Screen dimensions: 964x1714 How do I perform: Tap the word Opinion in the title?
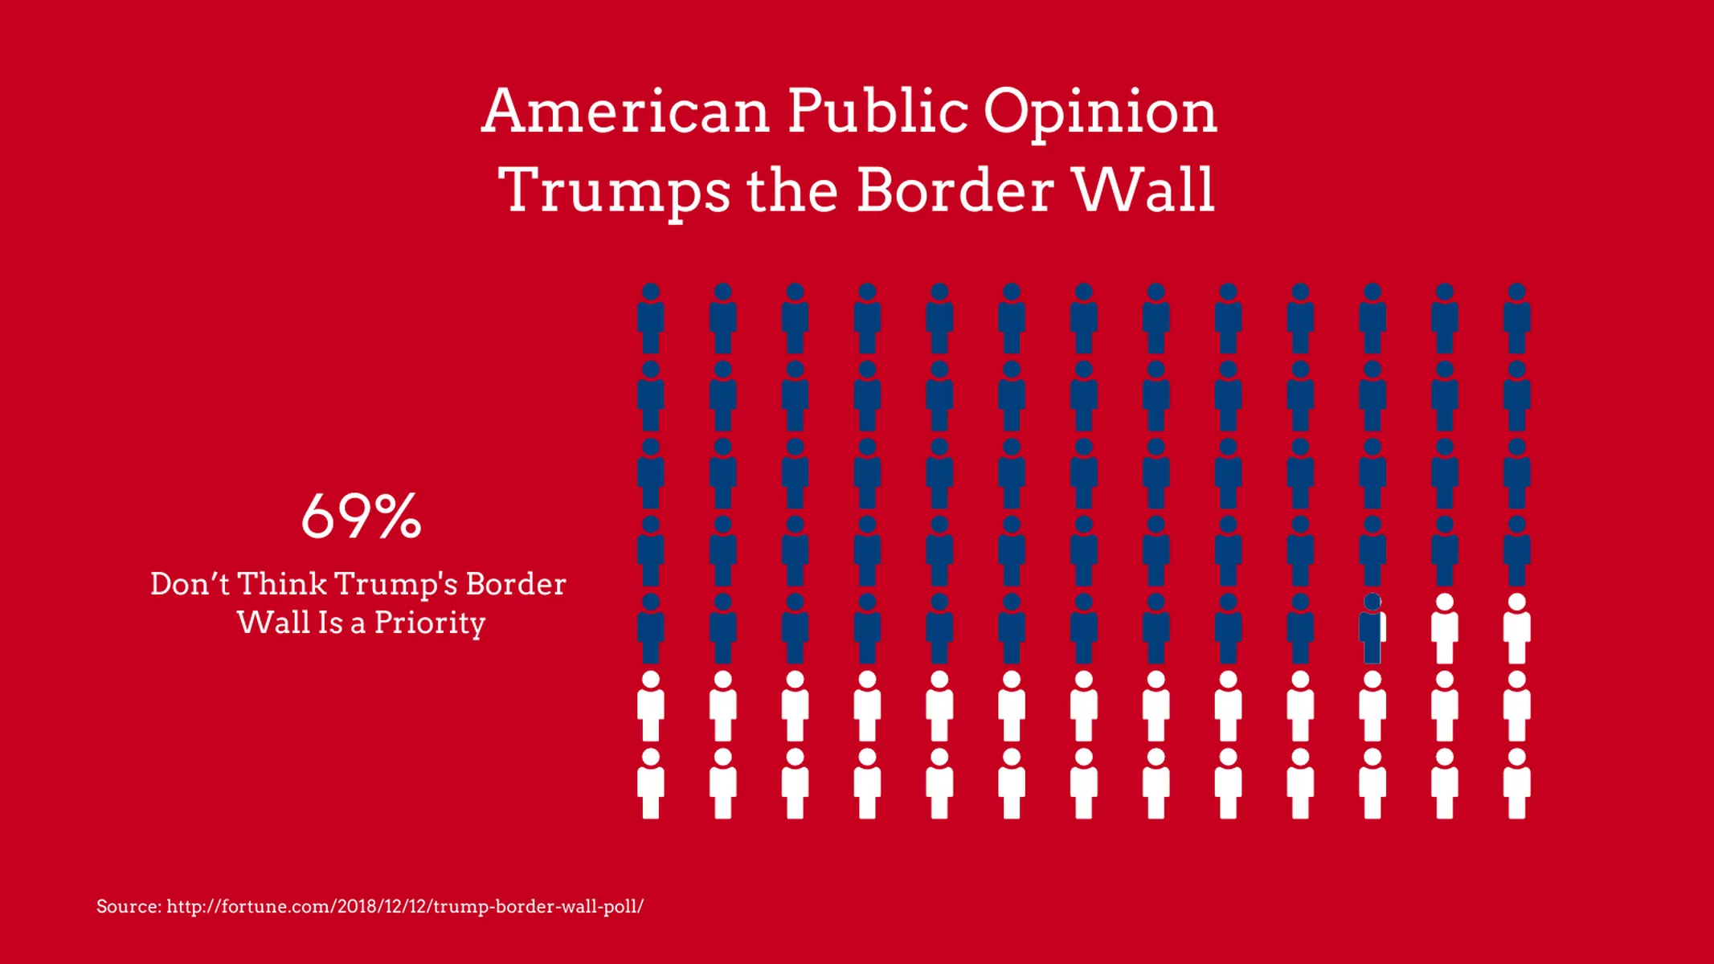1100,112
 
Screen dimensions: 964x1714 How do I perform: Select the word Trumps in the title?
615,191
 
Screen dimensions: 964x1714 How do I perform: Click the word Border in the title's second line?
955,191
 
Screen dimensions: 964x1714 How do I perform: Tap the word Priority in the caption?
430,623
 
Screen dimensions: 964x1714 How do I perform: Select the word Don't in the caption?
190,584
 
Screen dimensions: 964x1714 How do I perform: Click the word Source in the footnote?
127,906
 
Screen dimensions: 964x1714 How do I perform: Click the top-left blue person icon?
651,319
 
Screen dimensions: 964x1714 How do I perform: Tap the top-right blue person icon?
1516,319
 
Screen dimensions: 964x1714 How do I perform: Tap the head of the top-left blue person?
651,292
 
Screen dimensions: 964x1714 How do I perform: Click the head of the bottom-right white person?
1516,757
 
